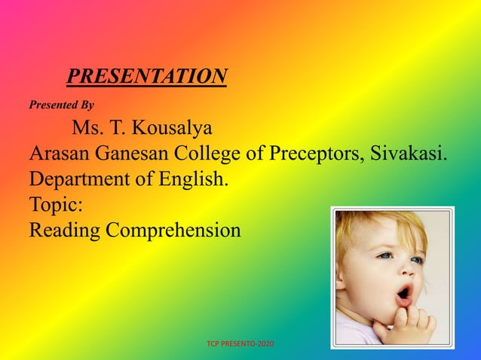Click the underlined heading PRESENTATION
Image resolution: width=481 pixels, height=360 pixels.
pyautogui.click(x=147, y=76)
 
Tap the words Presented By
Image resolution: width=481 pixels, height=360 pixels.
pyautogui.click(x=61, y=106)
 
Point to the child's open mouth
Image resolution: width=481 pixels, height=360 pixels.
pyautogui.click(x=404, y=292)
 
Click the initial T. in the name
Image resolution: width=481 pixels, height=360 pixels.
pyautogui.click(x=121, y=127)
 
